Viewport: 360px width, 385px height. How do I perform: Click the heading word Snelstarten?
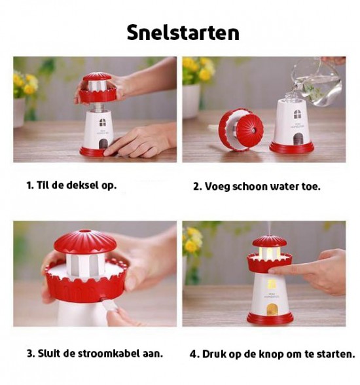(183, 33)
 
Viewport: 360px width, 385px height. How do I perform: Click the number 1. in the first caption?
(30, 185)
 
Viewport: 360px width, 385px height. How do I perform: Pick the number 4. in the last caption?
(194, 354)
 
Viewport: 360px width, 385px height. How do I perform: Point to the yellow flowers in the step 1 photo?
(24, 83)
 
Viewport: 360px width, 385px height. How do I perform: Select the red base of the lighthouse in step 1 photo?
(98, 152)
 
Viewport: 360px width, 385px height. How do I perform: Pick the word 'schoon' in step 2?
(243, 186)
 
